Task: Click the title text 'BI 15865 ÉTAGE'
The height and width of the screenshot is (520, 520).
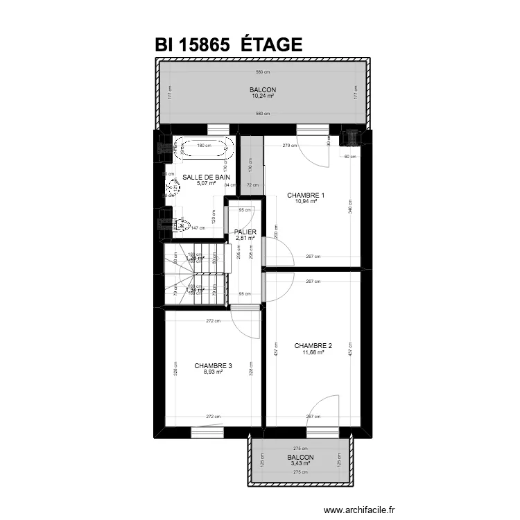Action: [x=229, y=44]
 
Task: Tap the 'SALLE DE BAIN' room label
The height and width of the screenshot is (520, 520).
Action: [x=206, y=177]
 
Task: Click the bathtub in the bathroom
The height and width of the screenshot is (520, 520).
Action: [x=203, y=148]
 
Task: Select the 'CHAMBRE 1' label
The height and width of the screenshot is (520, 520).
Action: [x=306, y=196]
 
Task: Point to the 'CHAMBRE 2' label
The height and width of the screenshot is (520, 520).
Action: [x=313, y=345]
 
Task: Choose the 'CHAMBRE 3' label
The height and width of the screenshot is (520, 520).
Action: [x=213, y=365]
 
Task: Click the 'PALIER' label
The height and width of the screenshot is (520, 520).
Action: [x=245, y=232]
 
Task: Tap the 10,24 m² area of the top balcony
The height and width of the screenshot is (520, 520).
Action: [x=263, y=96]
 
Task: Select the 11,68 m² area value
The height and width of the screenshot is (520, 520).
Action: [x=313, y=352]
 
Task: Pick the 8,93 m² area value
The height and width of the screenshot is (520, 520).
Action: [x=213, y=372]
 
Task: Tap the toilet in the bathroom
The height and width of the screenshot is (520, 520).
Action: [x=182, y=223]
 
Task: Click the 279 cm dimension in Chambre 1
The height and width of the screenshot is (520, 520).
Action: [x=289, y=146]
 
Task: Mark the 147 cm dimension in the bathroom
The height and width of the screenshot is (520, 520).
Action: [x=199, y=227]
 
